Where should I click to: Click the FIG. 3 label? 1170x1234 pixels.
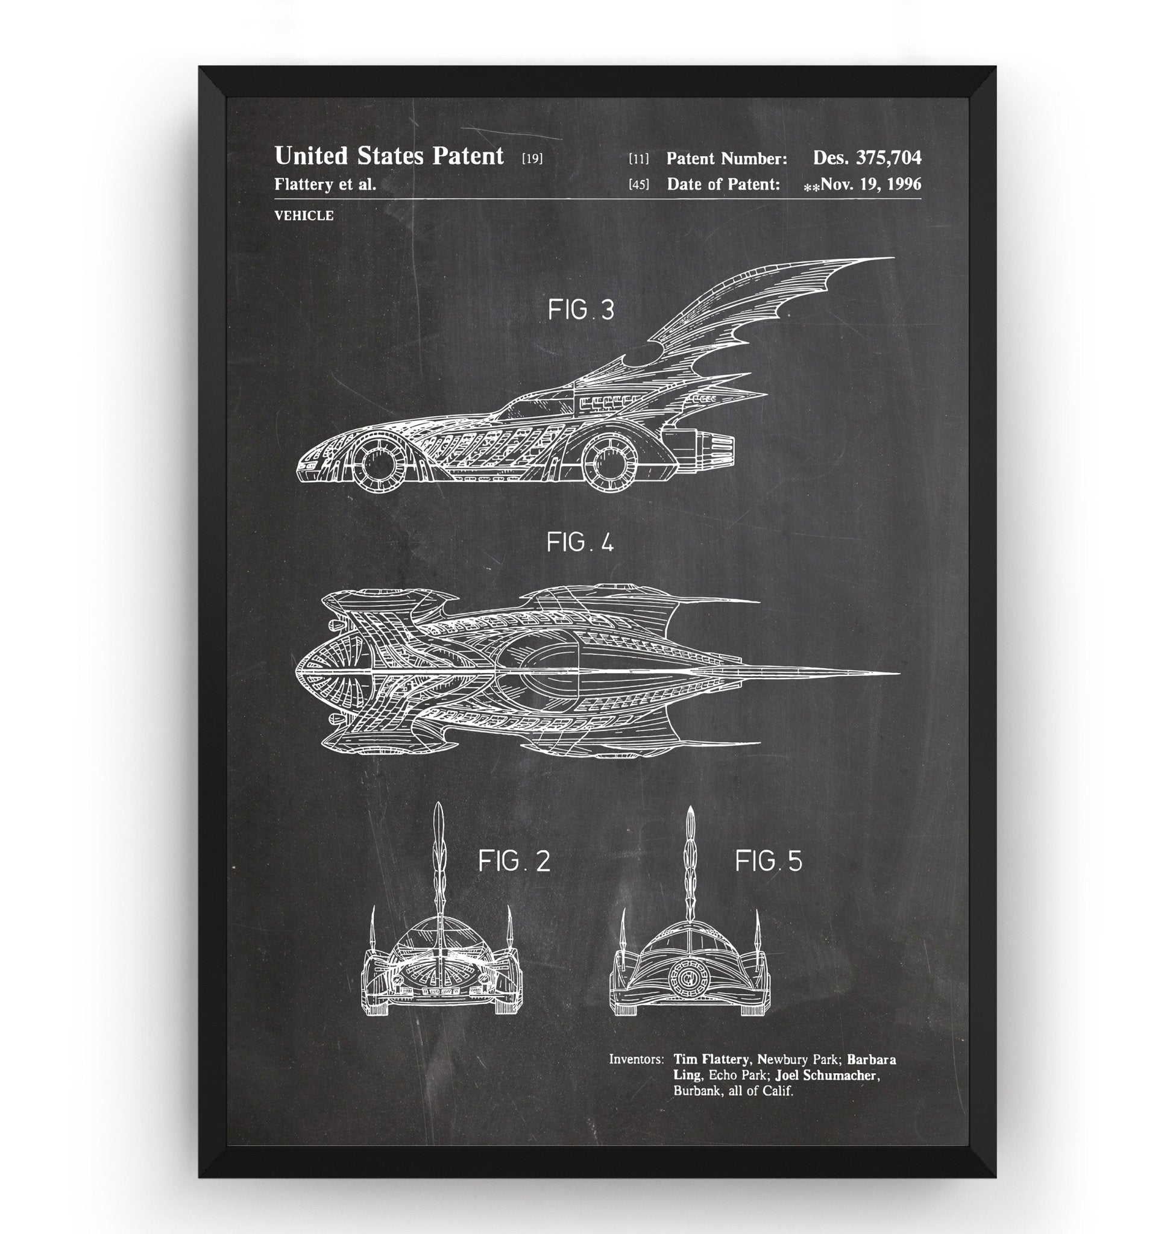point(580,310)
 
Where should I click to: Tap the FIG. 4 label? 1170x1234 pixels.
point(580,542)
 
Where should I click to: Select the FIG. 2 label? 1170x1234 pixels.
point(514,861)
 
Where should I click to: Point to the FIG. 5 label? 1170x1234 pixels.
point(769,861)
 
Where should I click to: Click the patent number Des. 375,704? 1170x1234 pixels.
point(867,158)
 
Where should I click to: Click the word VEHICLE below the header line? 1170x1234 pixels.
point(304,216)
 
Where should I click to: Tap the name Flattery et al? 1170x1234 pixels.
point(325,184)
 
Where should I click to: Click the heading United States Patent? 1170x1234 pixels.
point(389,156)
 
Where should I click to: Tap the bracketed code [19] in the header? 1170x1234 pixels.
point(532,158)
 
